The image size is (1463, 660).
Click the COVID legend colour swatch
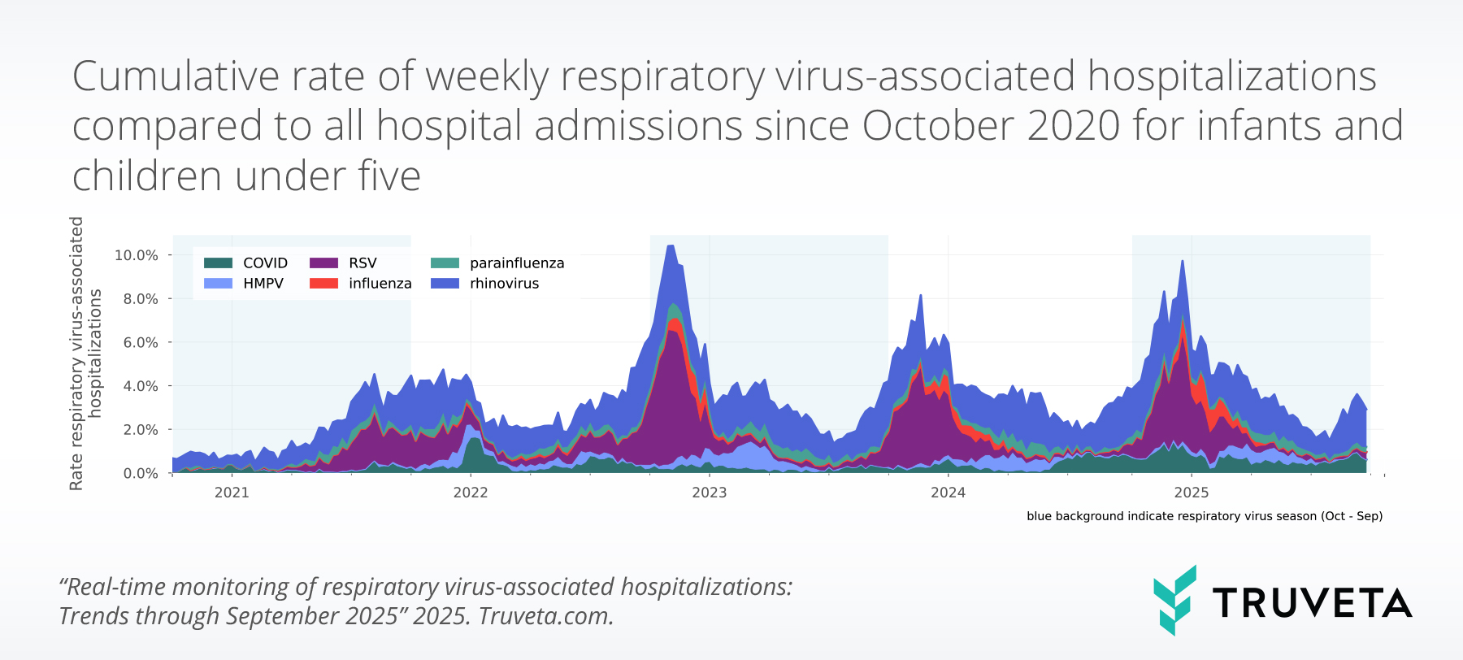pyautogui.click(x=218, y=263)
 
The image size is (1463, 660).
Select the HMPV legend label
pyautogui.click(x=263, y=284)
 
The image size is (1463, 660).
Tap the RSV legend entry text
pyautogui.click(x=362, y=263)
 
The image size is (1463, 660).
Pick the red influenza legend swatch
pyautogui.click(x=323, y=284)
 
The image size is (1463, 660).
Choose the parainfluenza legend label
pyautogui.click(x=517, y=263)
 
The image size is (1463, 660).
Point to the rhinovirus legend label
pyautogui.click(x=504, y=284)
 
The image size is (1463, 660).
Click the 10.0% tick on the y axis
pyautogui.click(x=137, y=255)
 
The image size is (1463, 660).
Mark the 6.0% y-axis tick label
pyautogui.click(x=141, y=342)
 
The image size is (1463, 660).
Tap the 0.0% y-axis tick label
pyautogui.click(x=141, y=473)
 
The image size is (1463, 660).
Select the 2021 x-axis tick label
pyautogui.click(x=232, y=493)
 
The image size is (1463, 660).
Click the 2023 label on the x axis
pyautogui.click(x=709, y=493)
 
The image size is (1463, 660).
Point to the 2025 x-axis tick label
pyautogui.click(x=1192, y=493)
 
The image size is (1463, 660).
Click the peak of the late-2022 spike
pyautogui.click(x=671, y=245)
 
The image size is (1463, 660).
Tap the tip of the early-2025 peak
pyautogui.click(x=1182, y=261)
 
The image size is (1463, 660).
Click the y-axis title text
pyautogui.click(x=85, y=354)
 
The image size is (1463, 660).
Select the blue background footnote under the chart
pyautogui.click(x=1204, y=516)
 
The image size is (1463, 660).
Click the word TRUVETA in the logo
pyautogui.click(x=1312, y=603)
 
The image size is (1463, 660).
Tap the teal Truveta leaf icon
pyautogui.click(x=1174, y=600)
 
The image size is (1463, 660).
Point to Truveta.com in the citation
pyautogui.click(x=545, y=616)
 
